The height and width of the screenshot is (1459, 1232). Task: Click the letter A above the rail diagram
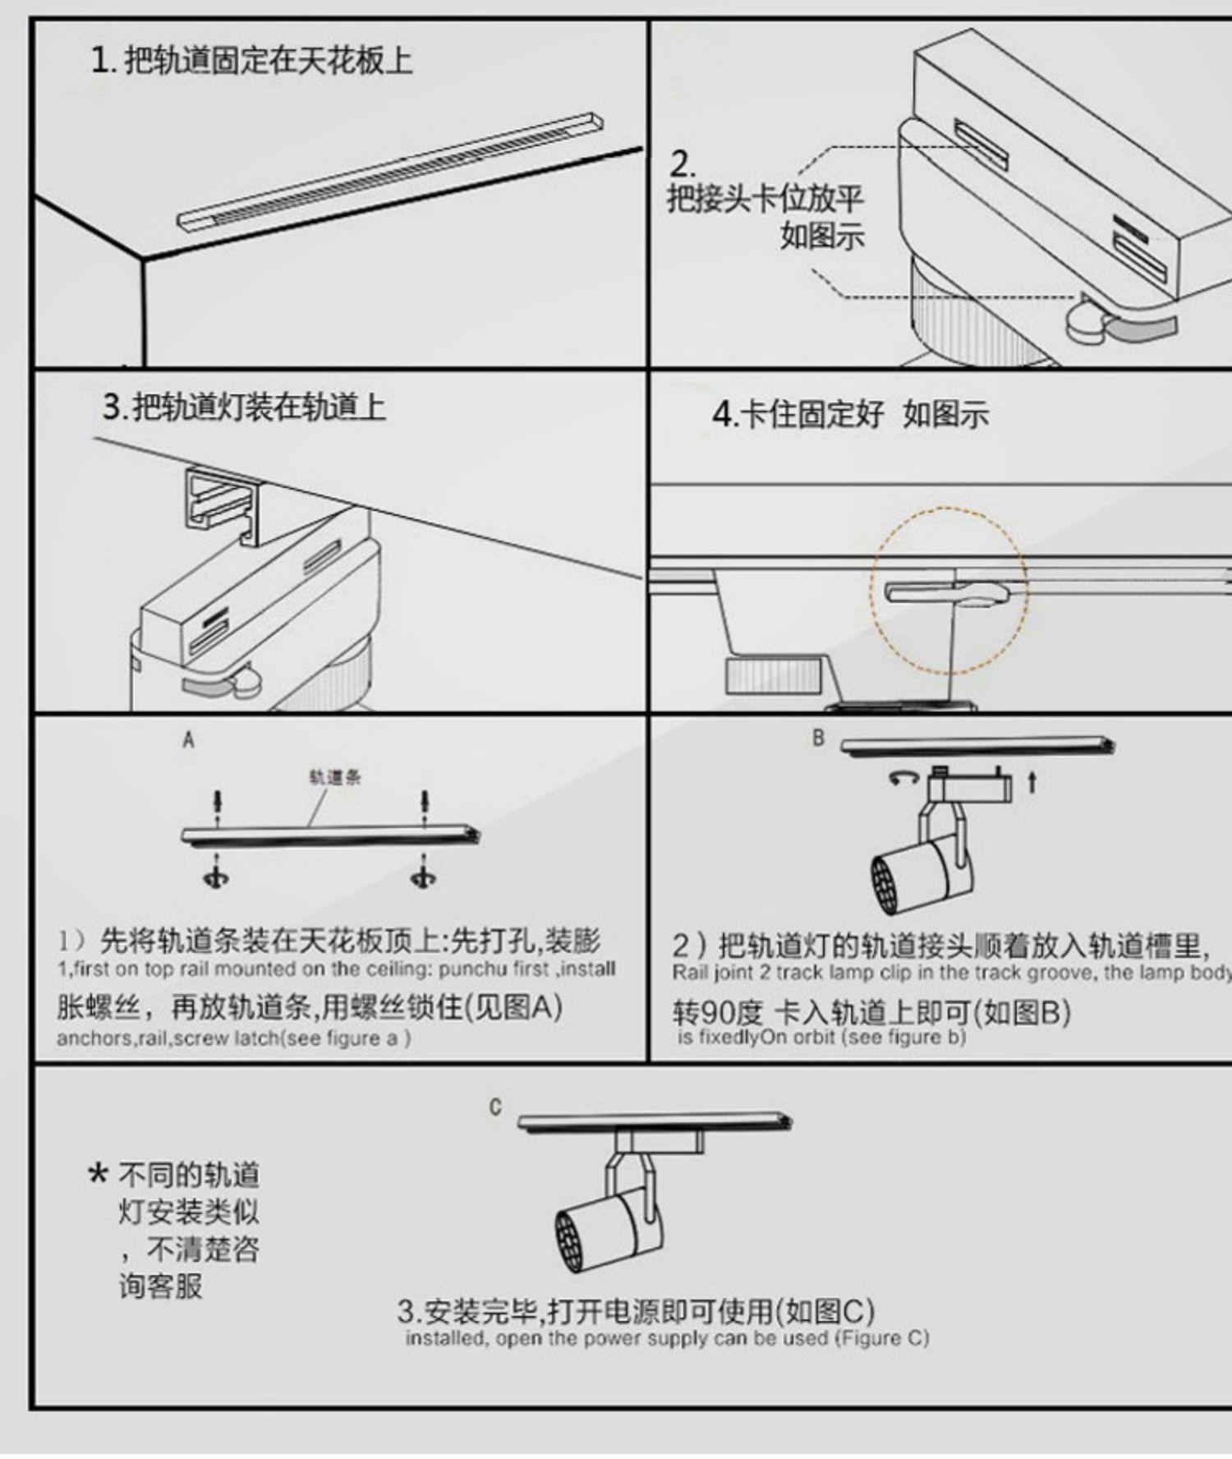pos(189,740)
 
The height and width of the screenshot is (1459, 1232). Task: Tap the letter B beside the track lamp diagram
pos(818,738)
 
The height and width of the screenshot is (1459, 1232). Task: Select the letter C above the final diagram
pos(494,1107)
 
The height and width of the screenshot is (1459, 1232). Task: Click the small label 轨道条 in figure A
pos(335,777)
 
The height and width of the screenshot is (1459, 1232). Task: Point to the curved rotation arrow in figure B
pos(903,776)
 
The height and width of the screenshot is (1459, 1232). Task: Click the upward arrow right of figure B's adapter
pos(1032,782)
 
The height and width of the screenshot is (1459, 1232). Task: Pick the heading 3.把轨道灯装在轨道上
pos(244,407)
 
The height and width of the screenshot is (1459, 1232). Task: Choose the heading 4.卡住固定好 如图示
pos(850,414)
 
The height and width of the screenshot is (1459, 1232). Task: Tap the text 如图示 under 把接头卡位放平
pos(822,236)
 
